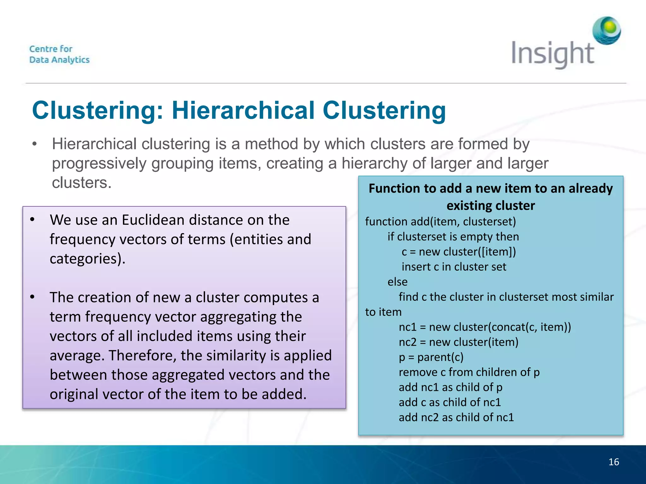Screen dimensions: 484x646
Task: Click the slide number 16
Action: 614,462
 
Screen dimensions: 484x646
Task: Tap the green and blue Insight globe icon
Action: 607,31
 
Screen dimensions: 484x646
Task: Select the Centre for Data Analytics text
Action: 59,54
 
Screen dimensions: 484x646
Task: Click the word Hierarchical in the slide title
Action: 243,111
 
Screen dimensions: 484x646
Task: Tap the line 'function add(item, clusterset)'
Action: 440,222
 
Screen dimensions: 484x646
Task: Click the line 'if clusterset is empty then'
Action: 453,237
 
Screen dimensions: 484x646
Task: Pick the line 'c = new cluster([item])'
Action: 459,252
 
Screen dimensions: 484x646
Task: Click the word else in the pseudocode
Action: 397,282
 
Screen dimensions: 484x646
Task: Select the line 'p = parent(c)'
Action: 431,357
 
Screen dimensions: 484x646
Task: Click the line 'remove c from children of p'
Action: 469,372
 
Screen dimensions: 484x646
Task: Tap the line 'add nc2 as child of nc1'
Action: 456,417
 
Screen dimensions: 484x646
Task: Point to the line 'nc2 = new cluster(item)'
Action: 458,342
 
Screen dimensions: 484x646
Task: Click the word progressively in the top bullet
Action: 99,164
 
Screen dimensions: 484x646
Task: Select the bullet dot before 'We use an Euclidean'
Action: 32,220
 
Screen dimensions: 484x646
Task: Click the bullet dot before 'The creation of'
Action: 32,297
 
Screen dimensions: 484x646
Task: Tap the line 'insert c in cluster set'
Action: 454,267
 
